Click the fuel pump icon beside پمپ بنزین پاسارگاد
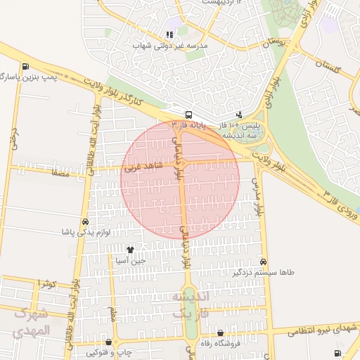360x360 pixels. [x=26, y=67]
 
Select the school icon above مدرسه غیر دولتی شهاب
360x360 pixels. [x=169, y=34]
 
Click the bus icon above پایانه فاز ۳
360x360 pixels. [x=188, y=115]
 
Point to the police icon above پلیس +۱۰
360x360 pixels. [x=240, y=115]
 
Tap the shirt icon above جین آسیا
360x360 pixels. [x=130, y=250]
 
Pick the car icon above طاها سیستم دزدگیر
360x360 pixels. [x=264, y=261]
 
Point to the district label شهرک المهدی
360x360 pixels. [x=32, y=322]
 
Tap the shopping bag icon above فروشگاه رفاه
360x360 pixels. [x=221, y=333]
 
